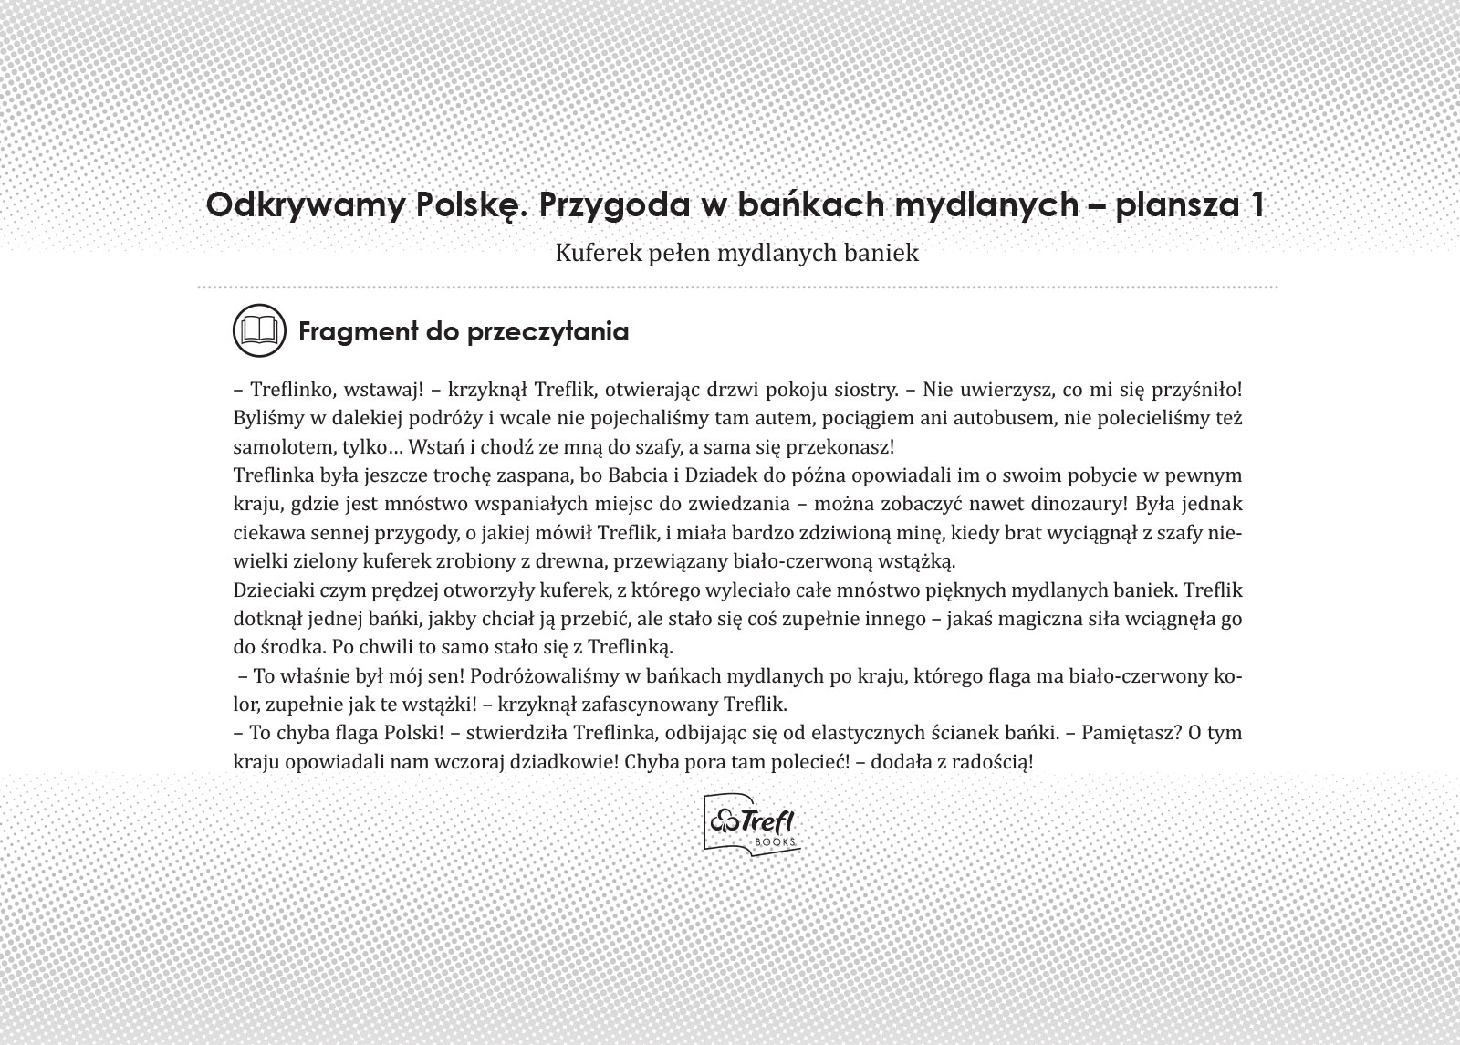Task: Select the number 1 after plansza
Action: point(1257,204)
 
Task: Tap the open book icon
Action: point(258,329)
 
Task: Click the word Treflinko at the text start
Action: point(290,390)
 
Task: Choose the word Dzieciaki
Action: point(273,590)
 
